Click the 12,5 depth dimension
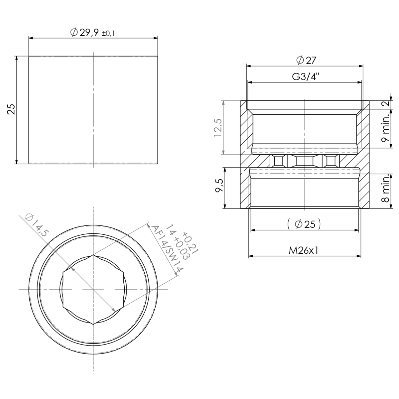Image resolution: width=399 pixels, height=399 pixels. click(x=218, y=128)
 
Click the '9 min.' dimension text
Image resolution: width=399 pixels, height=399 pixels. click(x=386, y=128)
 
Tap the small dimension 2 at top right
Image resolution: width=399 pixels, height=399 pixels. click(x=386, y=104)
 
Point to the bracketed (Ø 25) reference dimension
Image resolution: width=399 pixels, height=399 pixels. click(x=304, y=224)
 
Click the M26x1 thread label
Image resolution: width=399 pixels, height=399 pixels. click(x=304, y=250)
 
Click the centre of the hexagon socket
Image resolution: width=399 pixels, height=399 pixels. click(x=93, y=289)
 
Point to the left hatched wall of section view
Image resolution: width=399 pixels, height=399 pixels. click(x=245, y=155)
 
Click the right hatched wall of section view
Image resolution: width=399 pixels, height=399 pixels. click(x=365, y=155)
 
